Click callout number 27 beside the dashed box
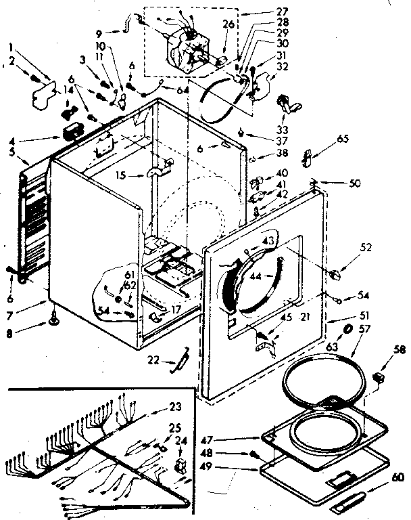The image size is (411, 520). point(263,12)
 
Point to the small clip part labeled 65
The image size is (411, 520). point(308,158)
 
